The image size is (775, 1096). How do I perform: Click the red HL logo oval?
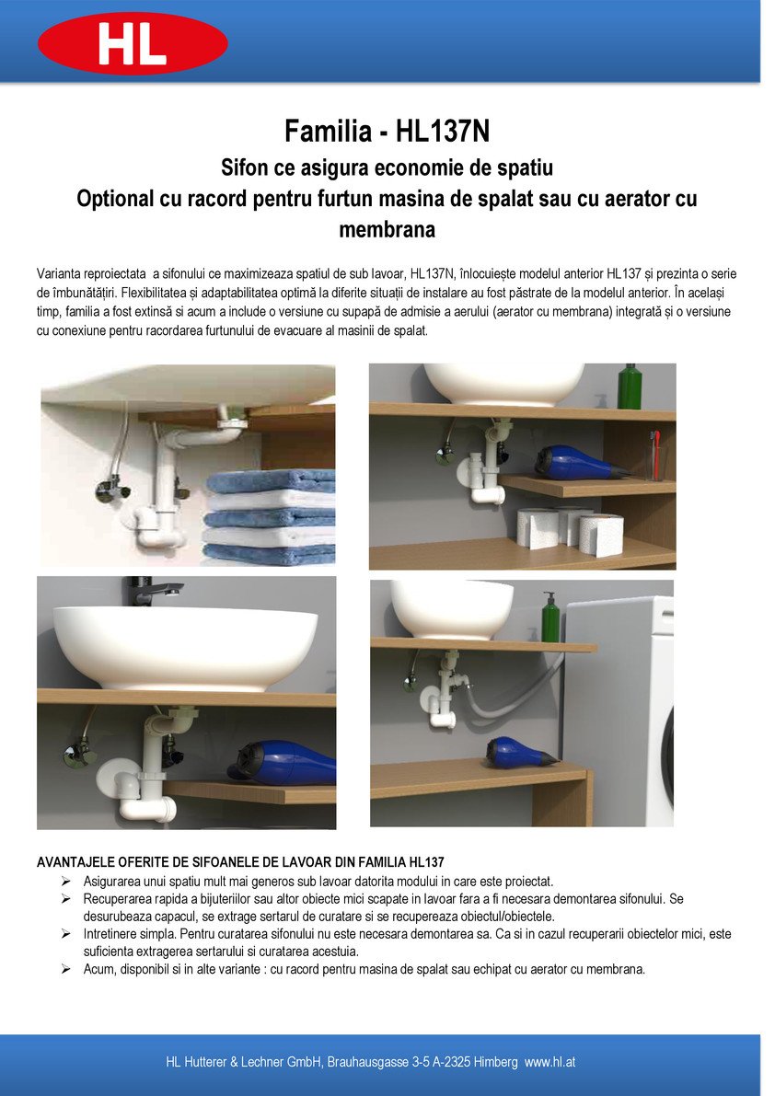[x=133, y=43]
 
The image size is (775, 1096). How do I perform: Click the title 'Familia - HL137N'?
[x=387, y=131]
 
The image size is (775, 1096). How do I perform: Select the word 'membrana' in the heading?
[x=387, y=229]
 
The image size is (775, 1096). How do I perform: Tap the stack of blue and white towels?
[x=269, y=516]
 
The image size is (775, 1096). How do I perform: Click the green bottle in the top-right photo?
[x=630, y=386]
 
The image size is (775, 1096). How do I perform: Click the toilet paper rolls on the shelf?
[x=571, y=529]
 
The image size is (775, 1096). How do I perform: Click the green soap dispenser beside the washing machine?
[x=550, y=617]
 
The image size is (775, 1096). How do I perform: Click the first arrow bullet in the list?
[x=66, y=882]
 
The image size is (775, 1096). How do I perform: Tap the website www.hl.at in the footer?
[x=550, y=1062]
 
